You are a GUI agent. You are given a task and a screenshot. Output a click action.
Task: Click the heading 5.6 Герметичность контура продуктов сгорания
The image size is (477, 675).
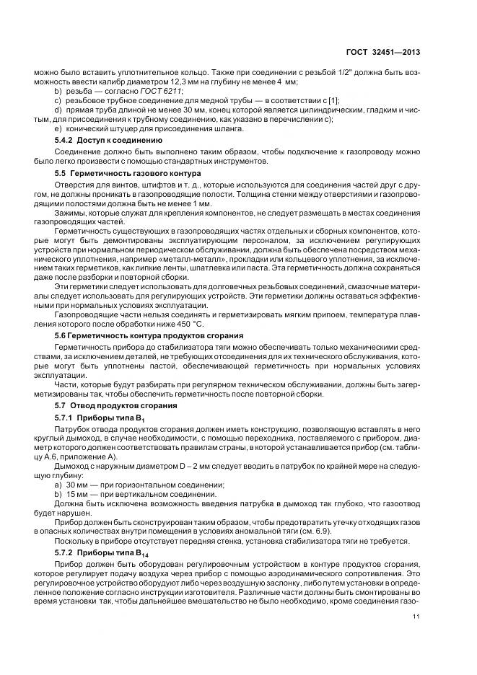139,335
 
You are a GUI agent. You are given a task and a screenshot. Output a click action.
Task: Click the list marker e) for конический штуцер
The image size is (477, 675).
58,129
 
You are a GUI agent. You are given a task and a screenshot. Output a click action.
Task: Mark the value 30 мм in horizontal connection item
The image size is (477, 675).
74,484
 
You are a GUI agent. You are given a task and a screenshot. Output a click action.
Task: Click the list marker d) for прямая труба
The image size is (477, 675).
58,110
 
